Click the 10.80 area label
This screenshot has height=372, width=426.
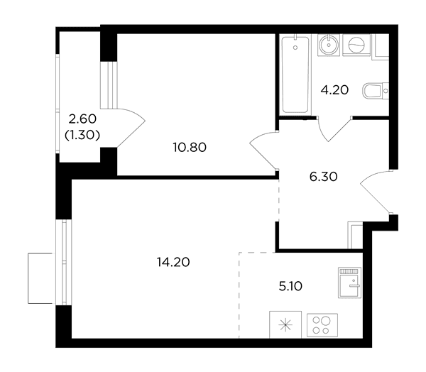pos(190,147)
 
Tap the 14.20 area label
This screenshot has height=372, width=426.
pos(173,262)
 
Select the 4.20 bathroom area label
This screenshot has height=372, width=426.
pos(334,90)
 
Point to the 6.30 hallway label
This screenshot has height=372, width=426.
pos(323,177)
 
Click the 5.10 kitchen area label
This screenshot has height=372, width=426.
pos(290,286)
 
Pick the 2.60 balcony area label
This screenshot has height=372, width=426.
pos(82,119)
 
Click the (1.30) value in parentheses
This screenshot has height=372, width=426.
pos(82,135)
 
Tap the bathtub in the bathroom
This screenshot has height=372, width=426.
pos(295,75)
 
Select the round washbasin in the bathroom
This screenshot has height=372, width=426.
pos(329,45)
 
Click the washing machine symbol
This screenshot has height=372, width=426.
pos(356,45)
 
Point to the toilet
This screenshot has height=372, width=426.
pos(376,90)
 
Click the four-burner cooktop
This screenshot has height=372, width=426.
pos(322,325)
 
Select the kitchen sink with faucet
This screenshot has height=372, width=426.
pos(350,283)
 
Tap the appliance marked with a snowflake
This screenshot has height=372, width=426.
pos(285,324)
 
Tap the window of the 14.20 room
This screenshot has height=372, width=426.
pos(64,262)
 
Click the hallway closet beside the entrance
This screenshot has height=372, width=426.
pos(356,235)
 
